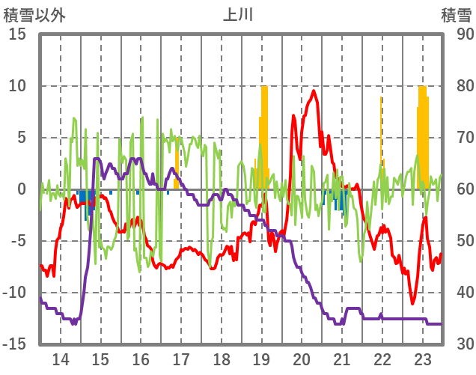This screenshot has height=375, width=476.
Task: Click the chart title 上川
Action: (239, 15)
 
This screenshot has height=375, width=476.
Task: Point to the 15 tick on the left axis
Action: (18, 34)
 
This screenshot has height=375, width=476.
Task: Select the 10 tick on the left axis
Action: (18, 86)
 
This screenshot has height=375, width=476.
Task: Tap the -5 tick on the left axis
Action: (18, 241)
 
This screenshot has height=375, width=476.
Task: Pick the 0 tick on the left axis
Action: (22, 189)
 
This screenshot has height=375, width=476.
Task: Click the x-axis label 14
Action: (61, 359)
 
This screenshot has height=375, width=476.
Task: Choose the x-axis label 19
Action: (262, 359)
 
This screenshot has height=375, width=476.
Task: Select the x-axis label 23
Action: (423, 359)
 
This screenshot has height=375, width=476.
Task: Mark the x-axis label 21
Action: (342, 359)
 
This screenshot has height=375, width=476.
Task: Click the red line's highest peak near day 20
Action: (314, 92)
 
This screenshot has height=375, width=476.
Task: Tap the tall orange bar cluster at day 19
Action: (263, 135)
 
